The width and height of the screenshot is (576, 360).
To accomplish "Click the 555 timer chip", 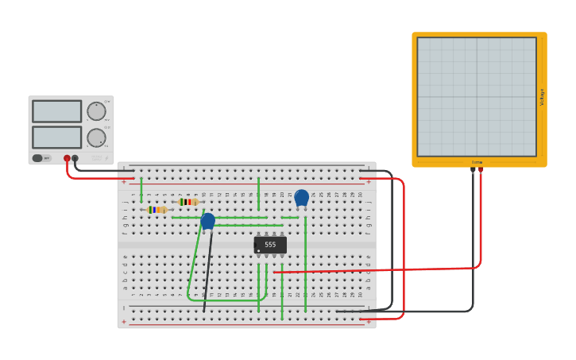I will [x=270, y=245].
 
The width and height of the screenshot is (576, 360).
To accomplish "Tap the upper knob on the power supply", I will [x=96, y=110].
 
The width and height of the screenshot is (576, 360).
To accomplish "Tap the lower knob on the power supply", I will [x=96, y=137].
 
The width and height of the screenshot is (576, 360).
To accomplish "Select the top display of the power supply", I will [x=56, y=111].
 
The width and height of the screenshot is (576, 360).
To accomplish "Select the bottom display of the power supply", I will [x=56, y=137].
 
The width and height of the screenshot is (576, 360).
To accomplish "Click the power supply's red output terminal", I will [x=67, y=158].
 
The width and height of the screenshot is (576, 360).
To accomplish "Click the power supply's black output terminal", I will [x=75, y=158].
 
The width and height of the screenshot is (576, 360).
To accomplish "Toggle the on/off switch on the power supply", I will [x=37, y=158].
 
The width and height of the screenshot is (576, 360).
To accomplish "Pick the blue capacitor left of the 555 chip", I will [x=207, y=221].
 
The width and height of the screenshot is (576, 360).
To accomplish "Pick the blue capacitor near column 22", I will [x=301, y=197].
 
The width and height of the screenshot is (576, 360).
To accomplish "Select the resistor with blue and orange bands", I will [x=157, y=210].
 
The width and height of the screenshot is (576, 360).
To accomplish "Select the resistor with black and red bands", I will [x=188, y=202].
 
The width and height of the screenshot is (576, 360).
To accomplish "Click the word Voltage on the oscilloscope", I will [x=543, y=97].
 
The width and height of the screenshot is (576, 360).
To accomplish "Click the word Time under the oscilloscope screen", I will [x=477, y=162].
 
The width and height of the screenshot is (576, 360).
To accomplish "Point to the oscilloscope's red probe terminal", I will [x=481, y=169].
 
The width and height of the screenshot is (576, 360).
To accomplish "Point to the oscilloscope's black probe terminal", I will [x=473, y=169].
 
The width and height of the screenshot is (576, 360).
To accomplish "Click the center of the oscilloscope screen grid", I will [x=477, y=96].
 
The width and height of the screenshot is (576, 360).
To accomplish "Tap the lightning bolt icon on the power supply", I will [x=106, y=159].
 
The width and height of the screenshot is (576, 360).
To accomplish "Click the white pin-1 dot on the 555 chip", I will [x=258, y=251].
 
